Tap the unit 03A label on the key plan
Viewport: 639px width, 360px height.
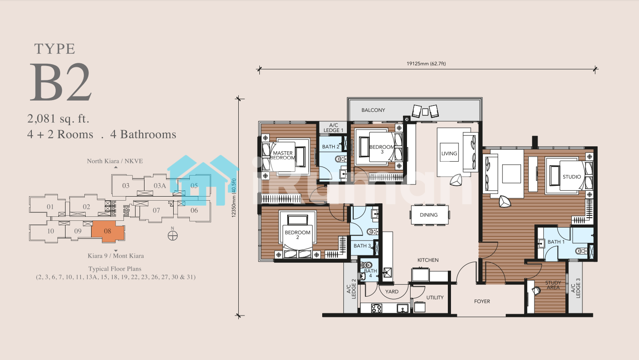[x=160, y=186]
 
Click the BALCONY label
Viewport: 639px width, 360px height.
[x=373, y=110]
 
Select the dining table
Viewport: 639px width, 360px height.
[x=429, y=215]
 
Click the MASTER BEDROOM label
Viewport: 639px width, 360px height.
[x=283, y=155]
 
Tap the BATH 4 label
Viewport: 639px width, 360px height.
[x=370, y=273]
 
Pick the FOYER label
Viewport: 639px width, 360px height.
[x=482, y=301]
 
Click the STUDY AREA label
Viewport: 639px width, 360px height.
[x=553, y=285]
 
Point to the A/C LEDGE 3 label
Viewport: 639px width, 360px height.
[x=576, y=288]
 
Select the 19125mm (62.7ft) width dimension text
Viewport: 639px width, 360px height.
[x=426, y=64]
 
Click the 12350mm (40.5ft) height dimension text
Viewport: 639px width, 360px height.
[x=234, y=198]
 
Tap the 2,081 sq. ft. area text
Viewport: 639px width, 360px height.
[x=58, y=119]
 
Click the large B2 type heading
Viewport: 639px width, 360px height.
[x=61, y=82]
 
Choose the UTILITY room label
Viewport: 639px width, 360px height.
[x=435, y=298]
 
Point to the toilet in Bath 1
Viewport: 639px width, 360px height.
[x=581, y=251]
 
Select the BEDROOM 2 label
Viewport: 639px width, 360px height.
[x=298, y=235]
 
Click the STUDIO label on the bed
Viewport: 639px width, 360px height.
[x=572, y=177]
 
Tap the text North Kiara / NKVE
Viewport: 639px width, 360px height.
[x=115, y=161]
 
